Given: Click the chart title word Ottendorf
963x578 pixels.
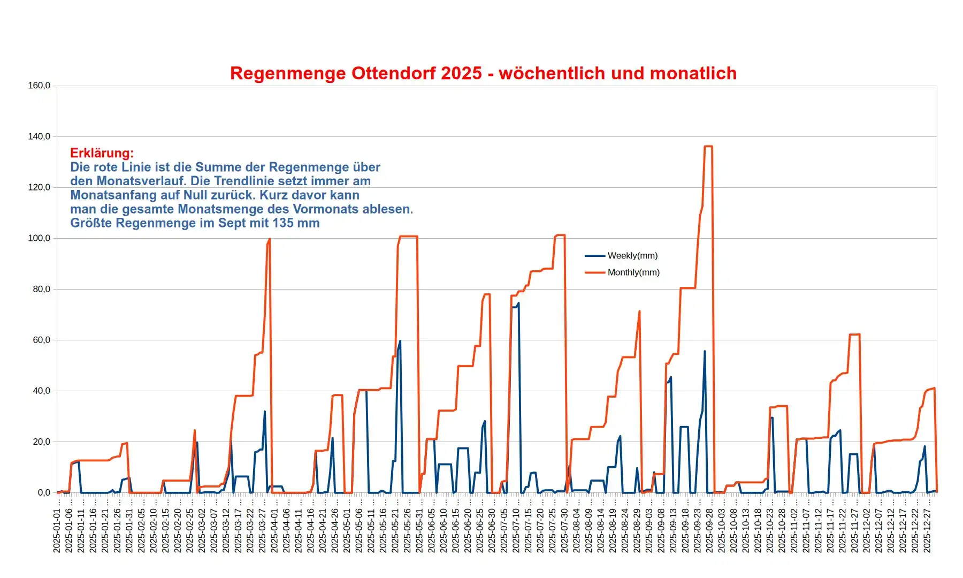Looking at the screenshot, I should click(393, 73).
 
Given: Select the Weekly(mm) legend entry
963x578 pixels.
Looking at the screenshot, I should click(632, 256).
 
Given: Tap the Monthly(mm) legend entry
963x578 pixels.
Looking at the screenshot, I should click(633, 272).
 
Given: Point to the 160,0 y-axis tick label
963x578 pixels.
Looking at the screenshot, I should click(39, 86).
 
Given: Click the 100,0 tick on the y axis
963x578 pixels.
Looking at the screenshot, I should click(39, 238).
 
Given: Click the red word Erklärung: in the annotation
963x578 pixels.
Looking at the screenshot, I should click(102, 153).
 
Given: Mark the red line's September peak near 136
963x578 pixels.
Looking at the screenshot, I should click(708, 146).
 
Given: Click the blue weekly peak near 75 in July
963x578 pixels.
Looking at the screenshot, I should click(518, 303).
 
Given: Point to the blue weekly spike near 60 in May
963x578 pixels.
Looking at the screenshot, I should click(400, 341).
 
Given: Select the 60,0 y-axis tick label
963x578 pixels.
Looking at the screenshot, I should click(39, 340).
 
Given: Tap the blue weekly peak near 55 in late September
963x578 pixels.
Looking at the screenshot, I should click(705, 352).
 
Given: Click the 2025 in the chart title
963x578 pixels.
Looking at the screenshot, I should click(462, 73).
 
